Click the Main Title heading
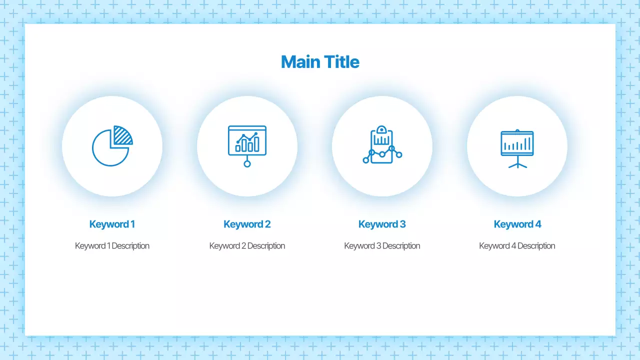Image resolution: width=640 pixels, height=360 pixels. click(x=320, y=62)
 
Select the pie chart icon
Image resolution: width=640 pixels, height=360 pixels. click(x=112, y=146)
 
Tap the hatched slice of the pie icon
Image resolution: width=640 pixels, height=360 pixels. click(x=122, y=135)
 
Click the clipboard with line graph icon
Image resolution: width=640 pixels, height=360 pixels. click(x=382, y=145)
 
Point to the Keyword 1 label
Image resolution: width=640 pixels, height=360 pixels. click(x=112, y=224)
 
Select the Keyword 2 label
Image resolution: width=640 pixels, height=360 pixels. click(x=247, y=224)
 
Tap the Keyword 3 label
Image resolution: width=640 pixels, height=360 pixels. click(x=382, y=224)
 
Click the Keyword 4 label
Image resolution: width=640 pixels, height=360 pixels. click(x=517, y=224)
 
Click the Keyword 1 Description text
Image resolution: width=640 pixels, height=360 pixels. click(x=112, y=246)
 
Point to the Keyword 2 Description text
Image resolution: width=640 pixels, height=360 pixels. click(x=247, y=246)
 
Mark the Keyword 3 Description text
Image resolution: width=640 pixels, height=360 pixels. click(x=382, y=246)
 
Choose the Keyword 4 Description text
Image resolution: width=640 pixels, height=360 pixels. click(x=517, y=246)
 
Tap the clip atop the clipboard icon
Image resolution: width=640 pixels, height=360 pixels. click(x=382, y=129)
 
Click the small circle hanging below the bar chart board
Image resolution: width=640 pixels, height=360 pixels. click(x=247, y=163)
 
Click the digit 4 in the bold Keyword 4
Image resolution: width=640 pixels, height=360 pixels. click(x=538, y=224)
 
